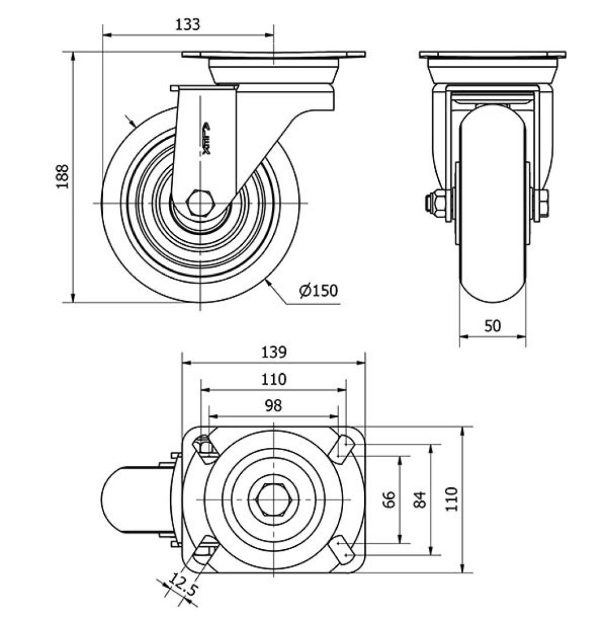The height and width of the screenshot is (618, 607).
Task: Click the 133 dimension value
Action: (x=188, y=24)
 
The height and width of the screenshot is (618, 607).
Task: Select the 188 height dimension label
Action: (x=62, y=176)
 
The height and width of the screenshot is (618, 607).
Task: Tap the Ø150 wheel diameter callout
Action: (x=319, y=290)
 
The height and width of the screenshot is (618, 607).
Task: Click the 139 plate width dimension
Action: (x=273, y=352)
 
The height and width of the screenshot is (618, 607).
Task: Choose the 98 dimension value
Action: (x=273, y=406)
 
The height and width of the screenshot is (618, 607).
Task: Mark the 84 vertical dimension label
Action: (x=421, y=499)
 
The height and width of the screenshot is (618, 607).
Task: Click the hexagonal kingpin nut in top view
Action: (x=274, y=500)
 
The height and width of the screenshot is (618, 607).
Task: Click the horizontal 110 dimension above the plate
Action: (x=273, y=380)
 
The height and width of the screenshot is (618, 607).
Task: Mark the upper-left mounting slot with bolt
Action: (x=204, y=447)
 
